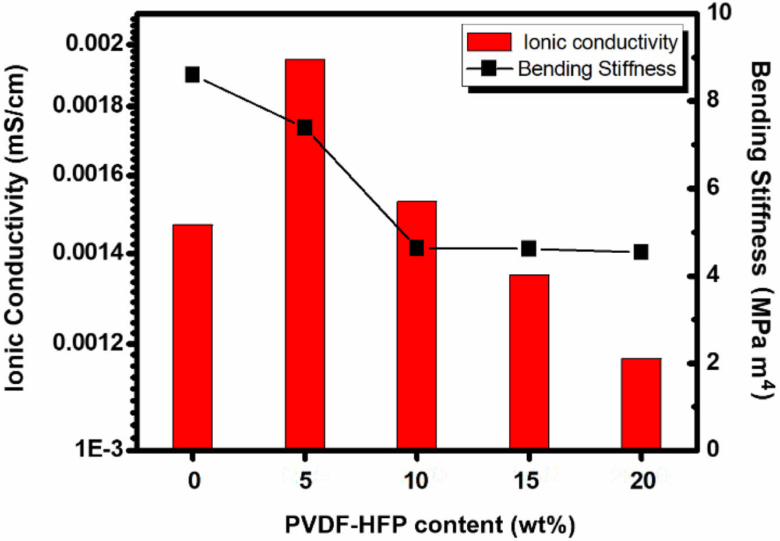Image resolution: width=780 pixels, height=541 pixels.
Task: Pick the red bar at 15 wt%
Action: coord(529,361)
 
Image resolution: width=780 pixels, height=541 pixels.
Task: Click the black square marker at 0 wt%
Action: coord(193,75)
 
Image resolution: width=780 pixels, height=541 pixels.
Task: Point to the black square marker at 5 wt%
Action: coord(305,128)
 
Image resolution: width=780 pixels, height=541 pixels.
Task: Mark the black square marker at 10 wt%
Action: coord(417,248)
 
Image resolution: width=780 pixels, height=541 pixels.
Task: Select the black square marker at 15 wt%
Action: coord(529,249)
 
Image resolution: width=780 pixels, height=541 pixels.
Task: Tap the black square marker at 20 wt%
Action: coord(641,252)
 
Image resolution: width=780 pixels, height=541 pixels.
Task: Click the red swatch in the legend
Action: coord(489,42)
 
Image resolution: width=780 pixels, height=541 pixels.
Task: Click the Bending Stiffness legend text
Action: coord(597,69)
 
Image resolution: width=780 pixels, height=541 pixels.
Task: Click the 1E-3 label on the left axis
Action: coord(98,449)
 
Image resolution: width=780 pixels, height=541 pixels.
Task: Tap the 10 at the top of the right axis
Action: coord(718,13)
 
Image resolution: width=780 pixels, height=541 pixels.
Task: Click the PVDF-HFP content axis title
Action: coord(430,525)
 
